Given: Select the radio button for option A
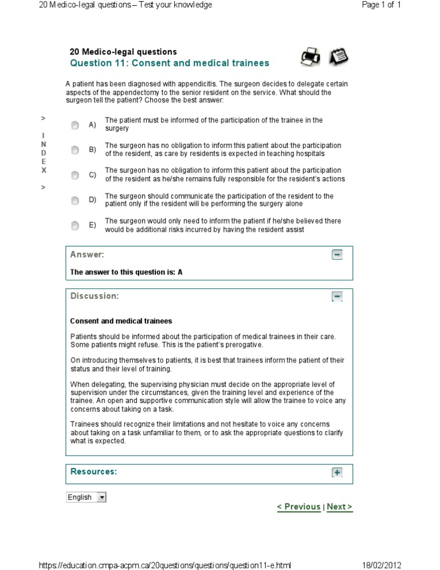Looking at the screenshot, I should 75,125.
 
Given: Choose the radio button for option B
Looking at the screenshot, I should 75,150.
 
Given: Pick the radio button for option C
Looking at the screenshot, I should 75,175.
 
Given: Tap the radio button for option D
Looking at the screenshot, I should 75,200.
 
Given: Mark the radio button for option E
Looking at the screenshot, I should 75,225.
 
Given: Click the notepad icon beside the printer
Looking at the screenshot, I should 339,56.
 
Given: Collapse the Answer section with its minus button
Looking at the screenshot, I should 337,255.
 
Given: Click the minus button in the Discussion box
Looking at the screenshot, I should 337,296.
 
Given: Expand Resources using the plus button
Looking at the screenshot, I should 337,473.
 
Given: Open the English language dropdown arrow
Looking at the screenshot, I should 102,497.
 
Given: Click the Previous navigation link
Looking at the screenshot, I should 298,507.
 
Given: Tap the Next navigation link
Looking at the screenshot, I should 340,507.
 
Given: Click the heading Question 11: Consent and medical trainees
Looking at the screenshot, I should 169,63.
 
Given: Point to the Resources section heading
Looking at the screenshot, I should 93,471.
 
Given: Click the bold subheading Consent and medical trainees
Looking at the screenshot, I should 121,321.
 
